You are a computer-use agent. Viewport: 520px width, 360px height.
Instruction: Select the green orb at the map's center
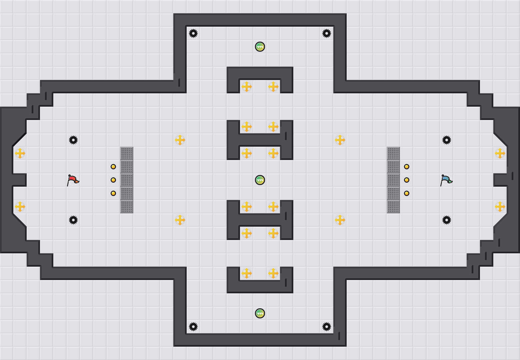(260, 180)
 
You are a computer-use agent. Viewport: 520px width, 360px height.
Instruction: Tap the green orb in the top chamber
(260, 47)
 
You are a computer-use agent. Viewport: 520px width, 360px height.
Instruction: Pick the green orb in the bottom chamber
(260, 313)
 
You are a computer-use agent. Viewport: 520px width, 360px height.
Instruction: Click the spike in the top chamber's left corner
(193, 33)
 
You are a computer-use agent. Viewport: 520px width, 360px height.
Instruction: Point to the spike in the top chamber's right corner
(327, 33)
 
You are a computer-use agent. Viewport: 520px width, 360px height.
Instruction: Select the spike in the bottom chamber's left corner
(193, 327)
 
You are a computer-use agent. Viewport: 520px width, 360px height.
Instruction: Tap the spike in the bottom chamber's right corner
(327, 327)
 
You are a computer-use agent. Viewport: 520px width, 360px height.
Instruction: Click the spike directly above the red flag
(73, 140)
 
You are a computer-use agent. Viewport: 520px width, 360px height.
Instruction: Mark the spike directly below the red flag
(73, 220)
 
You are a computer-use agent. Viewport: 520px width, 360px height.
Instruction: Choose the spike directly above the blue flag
(447, 140)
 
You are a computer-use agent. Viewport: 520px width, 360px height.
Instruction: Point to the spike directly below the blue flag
(447, 220)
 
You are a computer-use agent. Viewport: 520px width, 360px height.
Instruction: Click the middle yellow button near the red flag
(113, 180)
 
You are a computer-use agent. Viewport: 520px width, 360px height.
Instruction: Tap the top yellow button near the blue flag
(407, 167)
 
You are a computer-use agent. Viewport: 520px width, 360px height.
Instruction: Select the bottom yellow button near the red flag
(113, 193)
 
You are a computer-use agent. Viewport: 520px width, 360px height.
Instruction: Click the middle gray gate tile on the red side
(127, 180)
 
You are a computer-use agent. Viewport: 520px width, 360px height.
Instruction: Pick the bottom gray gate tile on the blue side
(393, 207)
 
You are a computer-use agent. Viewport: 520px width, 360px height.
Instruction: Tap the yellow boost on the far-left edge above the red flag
(20, 153)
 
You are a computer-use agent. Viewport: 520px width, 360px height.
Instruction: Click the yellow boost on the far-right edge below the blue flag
(500, 207)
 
